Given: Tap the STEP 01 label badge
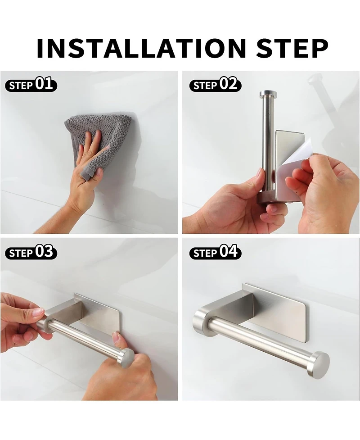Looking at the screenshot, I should pyautogui.click(x=31, y=85).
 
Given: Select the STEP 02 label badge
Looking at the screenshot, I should pyautogui.click(x=215, y=85).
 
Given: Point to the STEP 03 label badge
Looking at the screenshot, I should pyautogui.click(x=31, y=252).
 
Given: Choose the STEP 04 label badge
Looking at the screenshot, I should pyautogui.click(x=215, y=252).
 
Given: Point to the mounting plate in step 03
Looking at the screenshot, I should pyautogui.click(x=97, y=315).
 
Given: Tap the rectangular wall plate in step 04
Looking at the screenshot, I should pyautogui.click(x=279, y=311).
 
